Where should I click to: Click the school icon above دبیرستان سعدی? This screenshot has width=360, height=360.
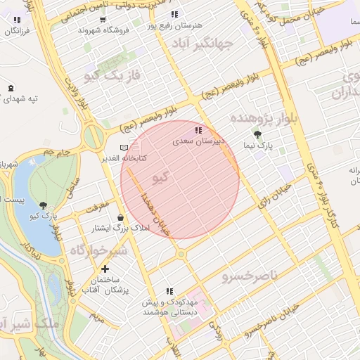(199, 130)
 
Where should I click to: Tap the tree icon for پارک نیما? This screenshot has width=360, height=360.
(258, 134)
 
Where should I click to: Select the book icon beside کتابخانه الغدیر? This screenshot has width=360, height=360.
(124, 147)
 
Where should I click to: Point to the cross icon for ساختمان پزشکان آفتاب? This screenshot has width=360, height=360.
(105, 269)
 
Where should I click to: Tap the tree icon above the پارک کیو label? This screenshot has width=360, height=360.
(45, 205)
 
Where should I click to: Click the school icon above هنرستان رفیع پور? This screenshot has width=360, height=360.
(174, 14)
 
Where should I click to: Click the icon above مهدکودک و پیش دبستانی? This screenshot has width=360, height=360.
(169, 290)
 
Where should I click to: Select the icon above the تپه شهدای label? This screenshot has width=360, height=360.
(11, 88)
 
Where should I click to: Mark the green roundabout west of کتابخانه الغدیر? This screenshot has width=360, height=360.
(93, 136)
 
